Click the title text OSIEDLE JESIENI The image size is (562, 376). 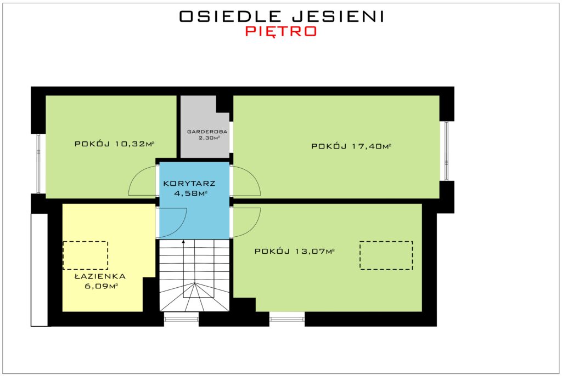(x=282, y=16)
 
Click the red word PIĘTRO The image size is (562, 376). (x=281, y=31)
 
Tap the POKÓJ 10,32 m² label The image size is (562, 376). (x=114, y=144)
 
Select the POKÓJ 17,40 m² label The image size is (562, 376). (x=351, y=146)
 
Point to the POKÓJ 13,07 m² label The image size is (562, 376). (x=294, y=252)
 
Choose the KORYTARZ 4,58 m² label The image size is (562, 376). (x=189, y=189)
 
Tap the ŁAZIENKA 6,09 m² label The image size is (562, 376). (x=100, y=281)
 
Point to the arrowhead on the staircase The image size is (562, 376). (x=183, y=242)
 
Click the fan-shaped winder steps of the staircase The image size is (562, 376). (x=195, y=297)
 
